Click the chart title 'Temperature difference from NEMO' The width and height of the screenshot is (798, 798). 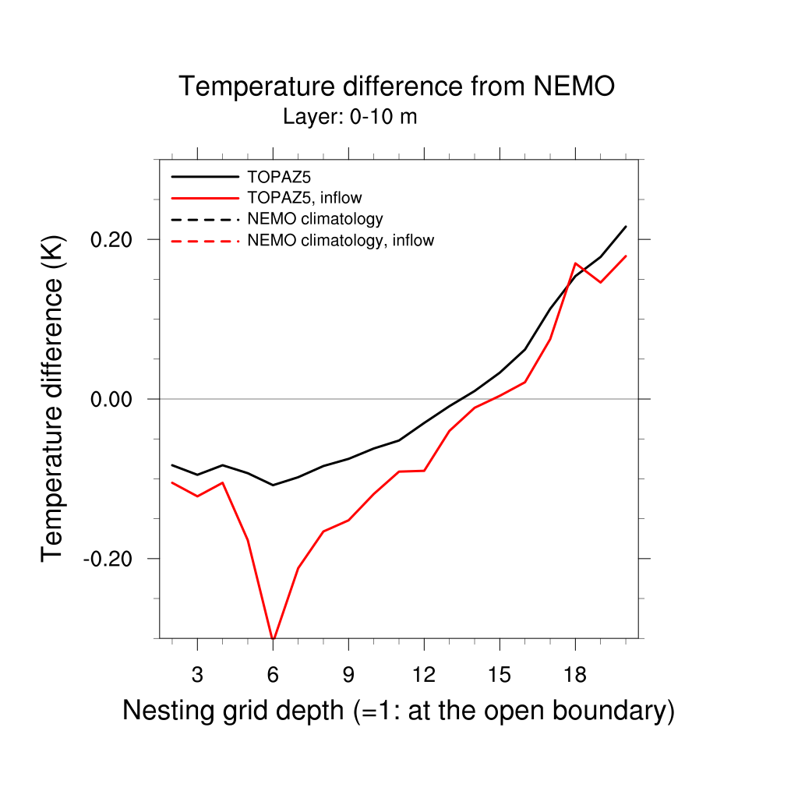click(397, 87)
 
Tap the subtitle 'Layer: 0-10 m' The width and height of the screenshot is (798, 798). click(350, 118)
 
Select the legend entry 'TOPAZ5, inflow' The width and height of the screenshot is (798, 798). click(304, 197)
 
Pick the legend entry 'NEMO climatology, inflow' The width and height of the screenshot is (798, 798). click(340, 241)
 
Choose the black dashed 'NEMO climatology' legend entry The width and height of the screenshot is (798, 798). click(315, 219)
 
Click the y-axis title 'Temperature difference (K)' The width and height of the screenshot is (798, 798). click(53, 398)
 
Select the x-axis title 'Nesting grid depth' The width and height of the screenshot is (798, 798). click(398, 711)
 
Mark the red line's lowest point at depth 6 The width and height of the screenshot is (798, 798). click(273, 637)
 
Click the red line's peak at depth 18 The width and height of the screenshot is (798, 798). click(575, 263)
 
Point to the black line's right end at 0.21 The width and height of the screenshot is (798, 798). click(626, 227)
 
